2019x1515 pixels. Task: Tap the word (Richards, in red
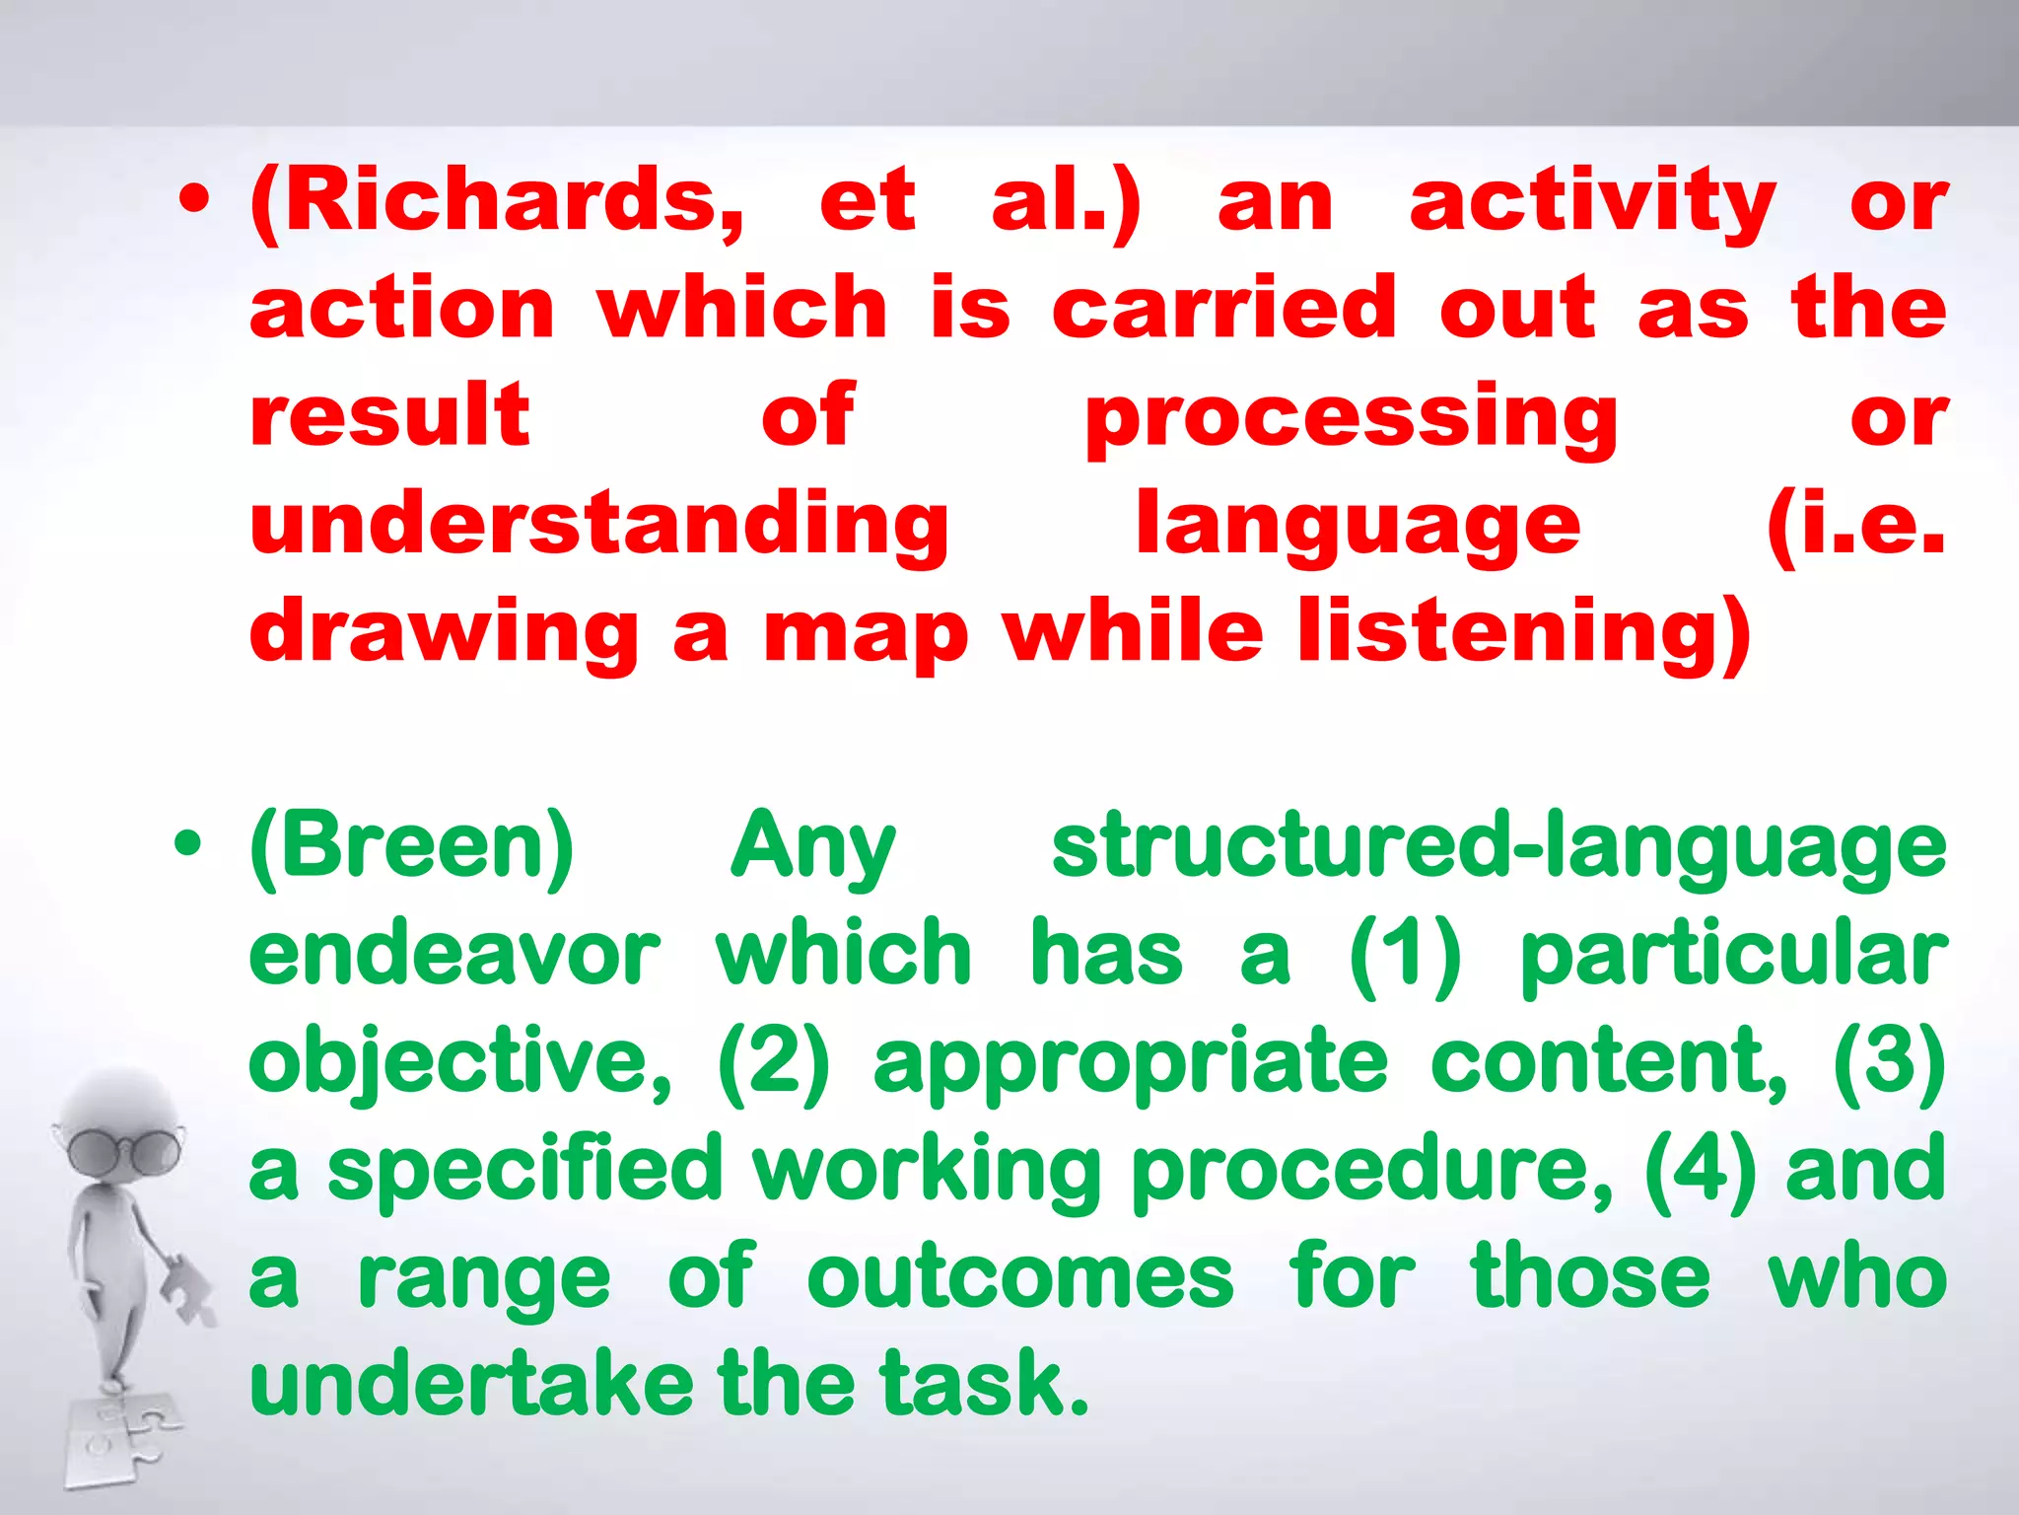tap(497, 202)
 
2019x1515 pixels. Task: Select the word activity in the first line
tap(1591, 202)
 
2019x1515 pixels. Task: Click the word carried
tap(1223, 309)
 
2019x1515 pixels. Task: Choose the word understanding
tap(598, 526)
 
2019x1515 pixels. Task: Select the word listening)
tap(1524, 634)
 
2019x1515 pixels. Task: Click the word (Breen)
tap(411, 846)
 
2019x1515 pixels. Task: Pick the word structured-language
tap(1498, 846)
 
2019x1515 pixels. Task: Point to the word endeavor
tap(453, 954)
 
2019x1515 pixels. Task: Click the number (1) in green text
tap(1404, 954)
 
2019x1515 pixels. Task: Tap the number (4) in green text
tap(1700, 1171)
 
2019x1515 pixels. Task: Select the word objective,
tap(459, 1063)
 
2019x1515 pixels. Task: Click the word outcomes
tap(1019, 1279)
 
